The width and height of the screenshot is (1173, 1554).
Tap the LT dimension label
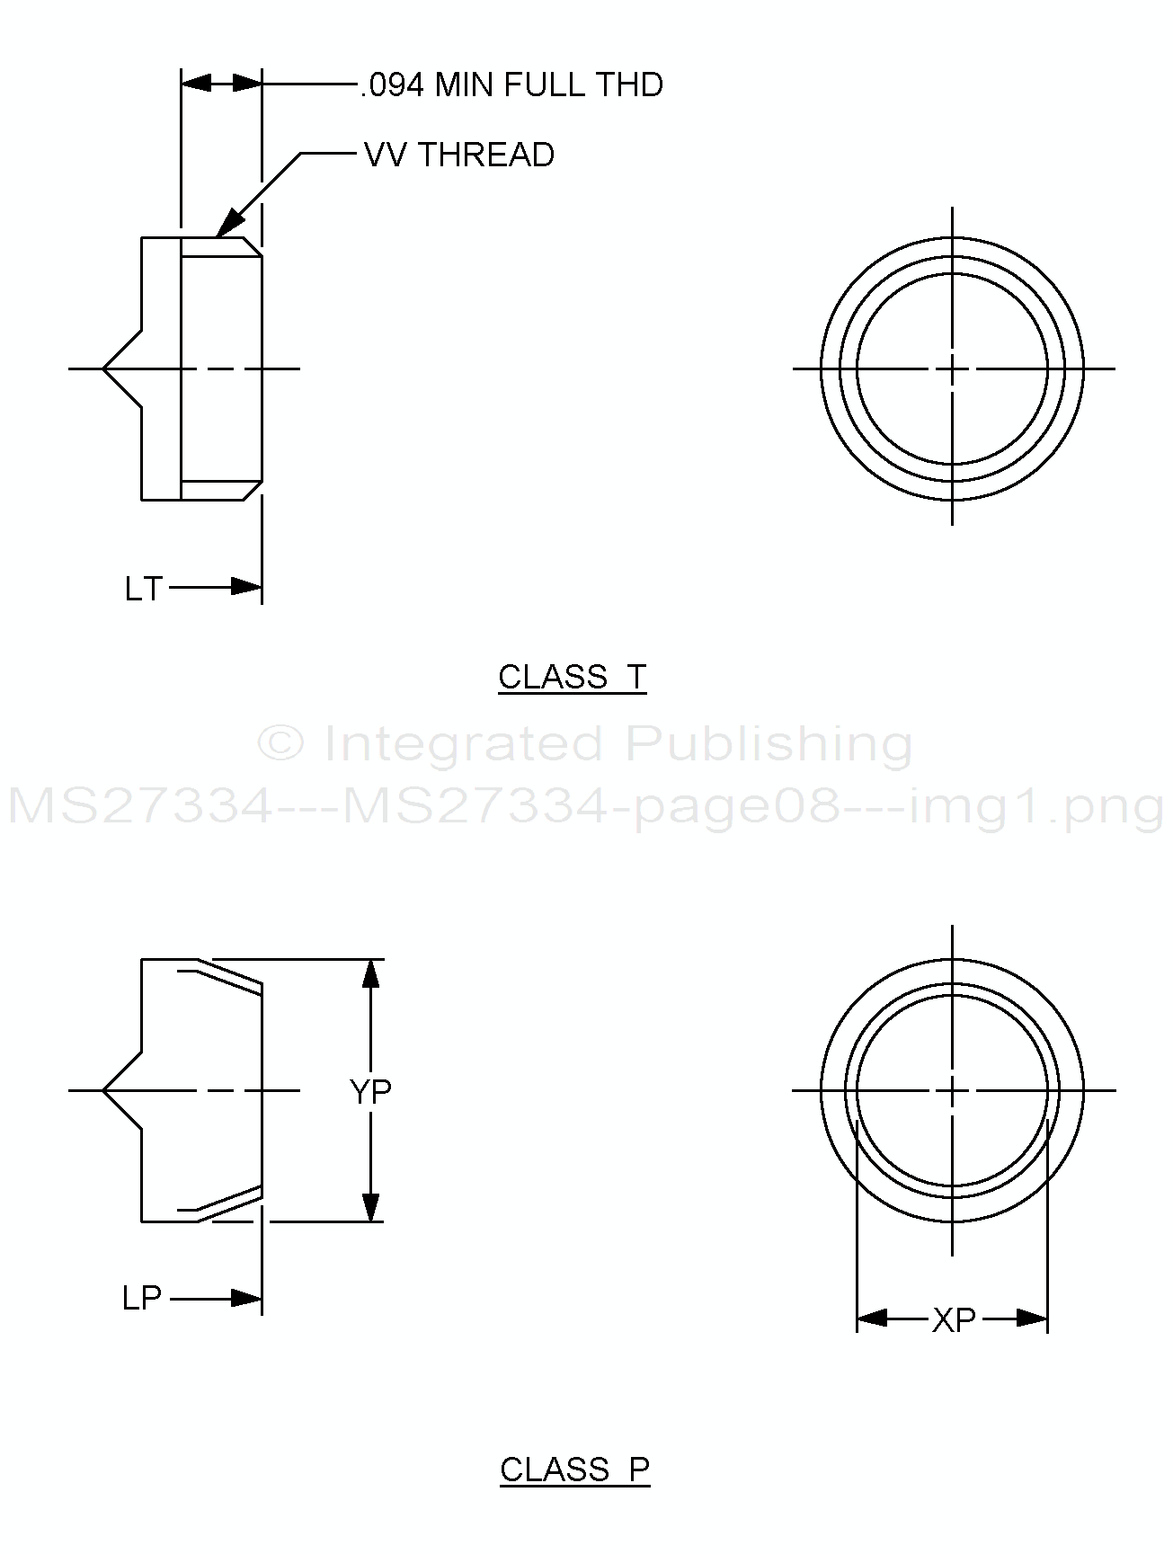tap(143, 589)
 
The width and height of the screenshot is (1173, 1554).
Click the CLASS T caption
tap(573, 677)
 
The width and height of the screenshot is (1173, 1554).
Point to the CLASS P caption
tap(575, 1470)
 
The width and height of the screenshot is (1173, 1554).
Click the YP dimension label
tap(370, 1091)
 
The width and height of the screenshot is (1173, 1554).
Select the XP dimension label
tap(954, 1319)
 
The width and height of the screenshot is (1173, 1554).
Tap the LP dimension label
tap(142, 1298)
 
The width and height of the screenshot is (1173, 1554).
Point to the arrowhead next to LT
tap(246, 587)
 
